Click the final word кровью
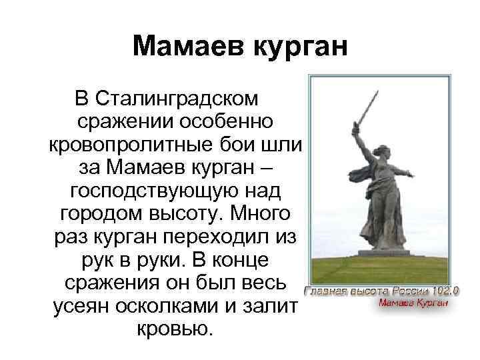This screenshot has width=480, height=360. (175, 329)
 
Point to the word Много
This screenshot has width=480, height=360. (263, 214)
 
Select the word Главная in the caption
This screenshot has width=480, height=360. (327, 291)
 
